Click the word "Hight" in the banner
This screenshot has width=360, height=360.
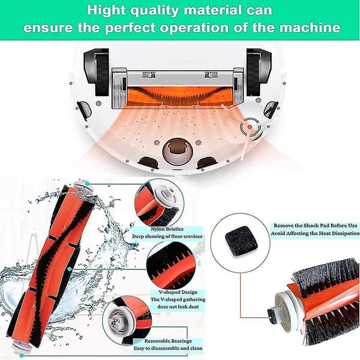pos(106,10)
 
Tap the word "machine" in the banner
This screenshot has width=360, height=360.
pos(310,28)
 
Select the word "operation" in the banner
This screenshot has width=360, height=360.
pos(194,28)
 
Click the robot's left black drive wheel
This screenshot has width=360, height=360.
pos(102,72)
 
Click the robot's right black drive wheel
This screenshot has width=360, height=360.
pos(253,72)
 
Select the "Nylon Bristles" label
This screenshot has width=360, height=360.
pos(167,229)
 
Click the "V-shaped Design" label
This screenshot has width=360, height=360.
pos(178,292)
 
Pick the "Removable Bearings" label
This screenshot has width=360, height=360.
pos(168,341)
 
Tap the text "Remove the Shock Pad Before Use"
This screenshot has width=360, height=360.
pos(316,226)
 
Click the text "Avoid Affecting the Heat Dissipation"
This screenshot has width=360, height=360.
pos(315,233)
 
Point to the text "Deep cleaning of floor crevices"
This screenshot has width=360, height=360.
pos(167,236)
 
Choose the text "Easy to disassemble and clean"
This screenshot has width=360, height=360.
pos(168,348)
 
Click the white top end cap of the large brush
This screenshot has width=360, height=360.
pos(83,186)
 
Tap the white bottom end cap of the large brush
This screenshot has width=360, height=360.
pos(19,346)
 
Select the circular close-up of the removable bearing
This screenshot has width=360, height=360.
pos(127,322)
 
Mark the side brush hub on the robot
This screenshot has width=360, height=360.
pos(250,127)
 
